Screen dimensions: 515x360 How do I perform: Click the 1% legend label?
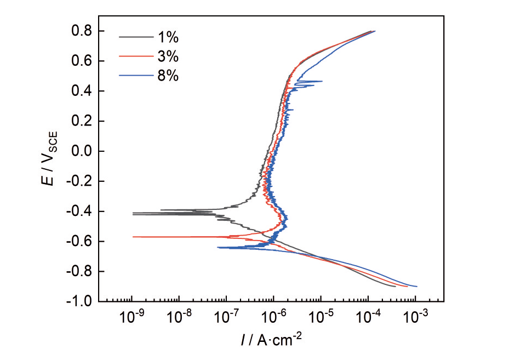(168, 37)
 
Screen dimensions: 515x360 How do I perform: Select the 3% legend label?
(168, 56)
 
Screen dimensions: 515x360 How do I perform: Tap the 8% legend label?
(168, 76)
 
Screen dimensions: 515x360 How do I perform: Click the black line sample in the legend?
(136, 37)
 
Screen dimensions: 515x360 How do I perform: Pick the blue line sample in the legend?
(136, 76)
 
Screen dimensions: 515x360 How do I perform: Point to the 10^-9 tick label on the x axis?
(131, 316)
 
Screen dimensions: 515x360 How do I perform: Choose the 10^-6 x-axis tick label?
(273, 316)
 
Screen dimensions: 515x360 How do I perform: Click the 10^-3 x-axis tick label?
(415, 316)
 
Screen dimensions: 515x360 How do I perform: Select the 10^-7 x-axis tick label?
(226, 316)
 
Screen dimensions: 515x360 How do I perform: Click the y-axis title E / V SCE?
(50, 158)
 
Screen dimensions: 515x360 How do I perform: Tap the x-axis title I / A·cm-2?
(271, 340)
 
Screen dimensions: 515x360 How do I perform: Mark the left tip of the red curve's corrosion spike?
(133, 237)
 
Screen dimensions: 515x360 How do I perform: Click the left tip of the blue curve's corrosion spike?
(218, 247)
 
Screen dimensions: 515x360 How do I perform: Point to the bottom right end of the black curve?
(396, 287)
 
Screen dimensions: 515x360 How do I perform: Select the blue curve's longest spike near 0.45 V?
(310, 81)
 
